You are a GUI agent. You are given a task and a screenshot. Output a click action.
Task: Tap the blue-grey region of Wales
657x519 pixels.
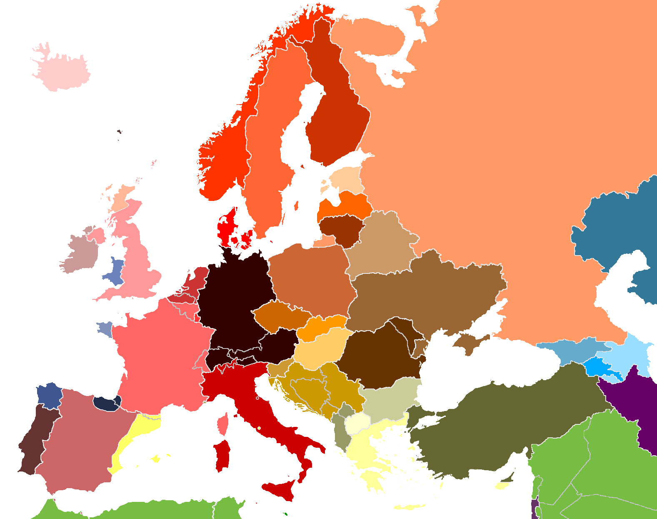116,271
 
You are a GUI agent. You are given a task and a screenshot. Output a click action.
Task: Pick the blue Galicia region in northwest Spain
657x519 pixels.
49,394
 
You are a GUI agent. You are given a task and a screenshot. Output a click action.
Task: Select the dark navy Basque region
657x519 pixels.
106,403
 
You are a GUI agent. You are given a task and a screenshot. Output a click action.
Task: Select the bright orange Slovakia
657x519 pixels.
323,327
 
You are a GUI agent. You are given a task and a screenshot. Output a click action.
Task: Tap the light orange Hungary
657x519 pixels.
319,350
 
